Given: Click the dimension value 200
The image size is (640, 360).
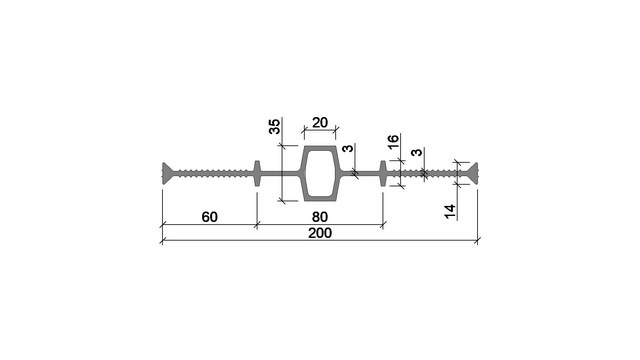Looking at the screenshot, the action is (x=320, y=233).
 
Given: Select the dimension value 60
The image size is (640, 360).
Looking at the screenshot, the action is (x=209, y=217).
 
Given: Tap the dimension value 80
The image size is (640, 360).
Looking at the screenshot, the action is (x=320, y=217).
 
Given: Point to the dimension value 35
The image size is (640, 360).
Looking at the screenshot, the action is (x=275, y=126).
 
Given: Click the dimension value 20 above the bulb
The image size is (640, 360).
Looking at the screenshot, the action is (x=320, y=122).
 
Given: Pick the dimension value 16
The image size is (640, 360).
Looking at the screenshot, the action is (x=393, y=142).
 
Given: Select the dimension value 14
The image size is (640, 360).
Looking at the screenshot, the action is (x=449, y=211).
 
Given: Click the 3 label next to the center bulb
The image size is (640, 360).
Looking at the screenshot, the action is (x=348, y=148).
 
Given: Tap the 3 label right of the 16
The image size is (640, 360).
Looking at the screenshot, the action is (x=416, y=152).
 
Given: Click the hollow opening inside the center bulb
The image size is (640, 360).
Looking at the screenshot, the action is (x=320, y=173).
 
